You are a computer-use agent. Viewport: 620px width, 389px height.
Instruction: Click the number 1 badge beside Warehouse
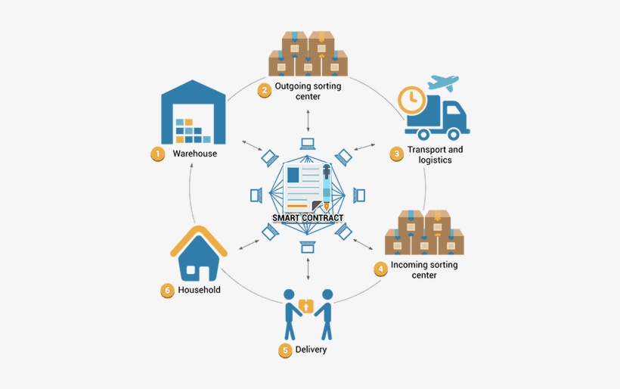pyautogui.click(x=157, y=154)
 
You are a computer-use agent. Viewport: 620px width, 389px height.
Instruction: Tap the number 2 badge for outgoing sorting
pyautogui.click(x=264, y=91)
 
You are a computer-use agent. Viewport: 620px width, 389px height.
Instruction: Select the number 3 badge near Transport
pyautogui.click(x=396, y=154)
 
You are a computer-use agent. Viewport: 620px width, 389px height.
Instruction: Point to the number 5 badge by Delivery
pyautogui.click(x=284, y=350)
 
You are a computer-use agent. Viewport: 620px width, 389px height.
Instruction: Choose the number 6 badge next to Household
pyautogui.click(x=168, y=290)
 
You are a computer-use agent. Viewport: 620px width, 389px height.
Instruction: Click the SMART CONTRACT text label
pyautogui.click(x=308, y=218)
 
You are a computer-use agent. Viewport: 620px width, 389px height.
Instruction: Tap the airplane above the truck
pyautogui.click(x=445, y=82)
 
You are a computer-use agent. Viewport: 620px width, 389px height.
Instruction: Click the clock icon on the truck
pyautogui.click(x=411, y=99)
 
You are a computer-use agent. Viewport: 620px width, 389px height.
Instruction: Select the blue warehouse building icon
pyautogui.click(x=194, y=114)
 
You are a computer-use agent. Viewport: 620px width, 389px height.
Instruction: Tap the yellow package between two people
pyautogui.click(x=306, y=306)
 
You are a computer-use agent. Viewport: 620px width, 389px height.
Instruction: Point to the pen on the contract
pyautogui.click(x=326, y=186)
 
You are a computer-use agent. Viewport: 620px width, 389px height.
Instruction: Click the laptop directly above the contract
pyautogui.click(x=308, y=143)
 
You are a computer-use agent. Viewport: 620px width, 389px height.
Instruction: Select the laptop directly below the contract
pyautogui.click(x=307, y=247)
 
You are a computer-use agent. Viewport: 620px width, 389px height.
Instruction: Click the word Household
pyautogui.click(x=199, y=290)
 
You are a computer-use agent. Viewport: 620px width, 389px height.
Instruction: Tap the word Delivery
pyautogui.click(x=311, y=350)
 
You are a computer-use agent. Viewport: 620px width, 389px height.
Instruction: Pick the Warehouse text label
pyautogui.click(x=194, y=154)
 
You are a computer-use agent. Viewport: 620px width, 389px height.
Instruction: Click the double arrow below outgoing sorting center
pyautogui.click(x=308, y=119)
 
